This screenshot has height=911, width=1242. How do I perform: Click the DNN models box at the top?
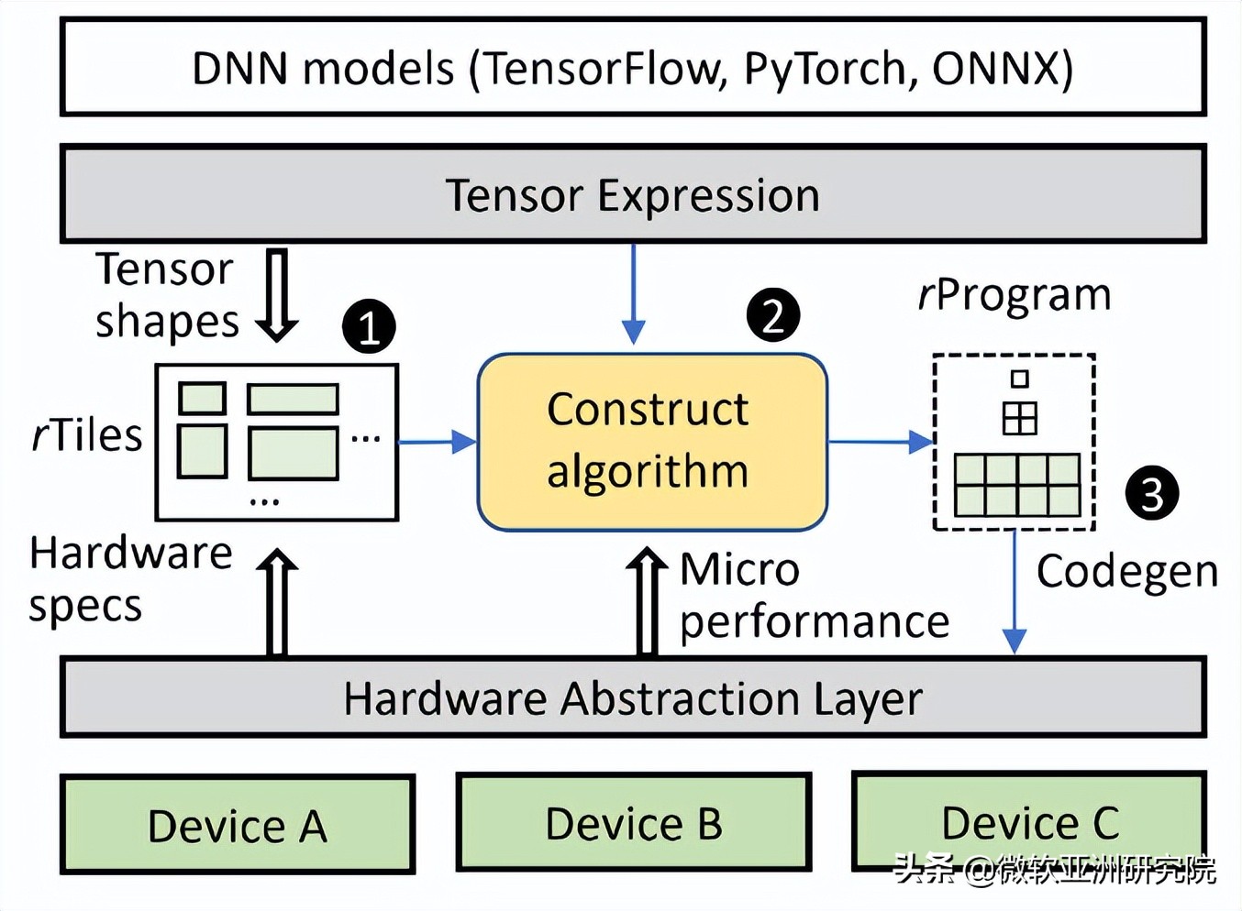pyautogui.click(x=633, y=67)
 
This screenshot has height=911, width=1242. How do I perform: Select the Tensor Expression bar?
pyautogui.click(x=633, y=194)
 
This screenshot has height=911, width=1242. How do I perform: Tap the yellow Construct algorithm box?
pyautogui.click(x=652, y=442)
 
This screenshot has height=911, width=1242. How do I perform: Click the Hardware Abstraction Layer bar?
pyautogui.click(x=633, y=697)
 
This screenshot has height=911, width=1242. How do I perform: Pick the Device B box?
pyautogui.click(x=634, y=822)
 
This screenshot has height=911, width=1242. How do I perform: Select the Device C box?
pyautogui.click(x=1029, y=820)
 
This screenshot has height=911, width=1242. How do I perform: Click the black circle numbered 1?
pyautogui.click(x=370, y=327)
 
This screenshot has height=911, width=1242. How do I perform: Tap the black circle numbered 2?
pyautogui.click(x=773, y=315)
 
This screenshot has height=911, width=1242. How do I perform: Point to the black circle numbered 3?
pyautogui.click(x=1152, y=493)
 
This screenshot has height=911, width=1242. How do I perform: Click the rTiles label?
pyautogui.click(x=87, y=436)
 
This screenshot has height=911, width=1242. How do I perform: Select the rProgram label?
pyautogui.click(x=1015, y=296)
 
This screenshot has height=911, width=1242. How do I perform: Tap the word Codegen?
pyautogui.click(x=1127, y=574)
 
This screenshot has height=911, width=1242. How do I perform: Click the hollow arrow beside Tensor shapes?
pyautogui.click(x=277, y=295)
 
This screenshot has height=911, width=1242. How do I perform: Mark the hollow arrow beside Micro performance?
pyautogui.click(x=647, y=602)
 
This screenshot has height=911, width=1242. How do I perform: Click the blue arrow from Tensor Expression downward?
pyautogui.click(x=633, y=294)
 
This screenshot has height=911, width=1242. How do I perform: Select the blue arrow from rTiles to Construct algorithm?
pyautogui.click(x=438, y=442)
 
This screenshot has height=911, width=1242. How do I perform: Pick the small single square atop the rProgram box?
pyautogui.click(x=1020, y=379)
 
